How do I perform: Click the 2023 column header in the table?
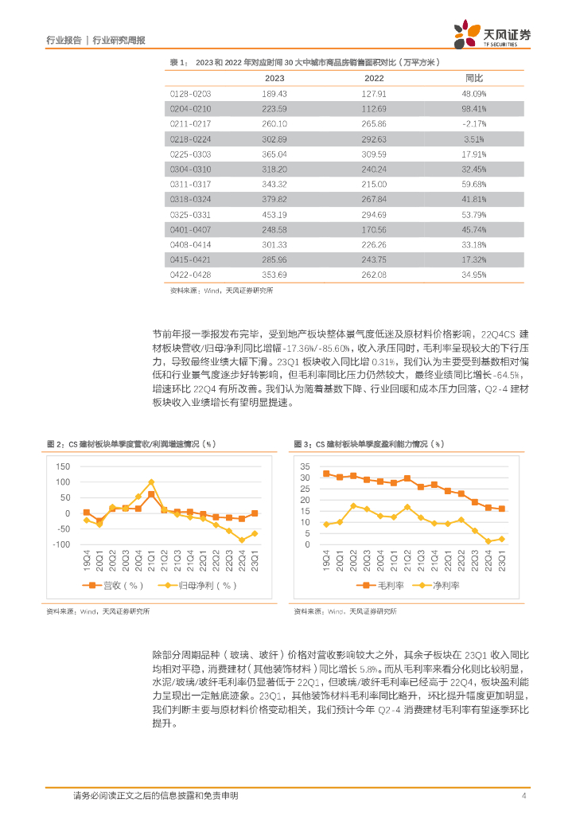click(x=274, y=78)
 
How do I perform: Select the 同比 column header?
click(x=474, y=78)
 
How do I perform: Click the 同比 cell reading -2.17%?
click(x=474, y=123)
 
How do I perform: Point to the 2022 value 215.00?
click(x=373, y=184)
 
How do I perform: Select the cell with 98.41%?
click(x=474, y=108)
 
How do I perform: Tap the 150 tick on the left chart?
click(x=63, y=465)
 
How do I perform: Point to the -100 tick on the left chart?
click(x=60, y=544)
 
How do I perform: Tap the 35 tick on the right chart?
click(x=306, y=465)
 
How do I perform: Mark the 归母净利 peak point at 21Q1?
click(x=151, y=482)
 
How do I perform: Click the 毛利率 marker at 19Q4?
click(x=326, y=474)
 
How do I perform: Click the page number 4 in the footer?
click(x=524, y=796)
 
